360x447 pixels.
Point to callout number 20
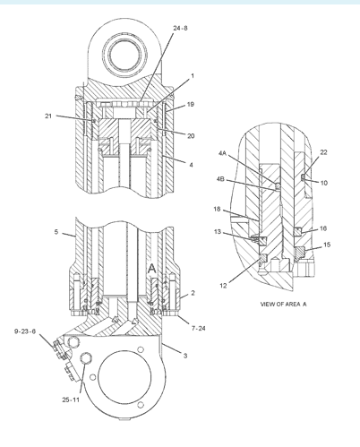191,135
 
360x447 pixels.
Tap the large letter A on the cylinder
153,269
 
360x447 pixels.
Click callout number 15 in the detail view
327,245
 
